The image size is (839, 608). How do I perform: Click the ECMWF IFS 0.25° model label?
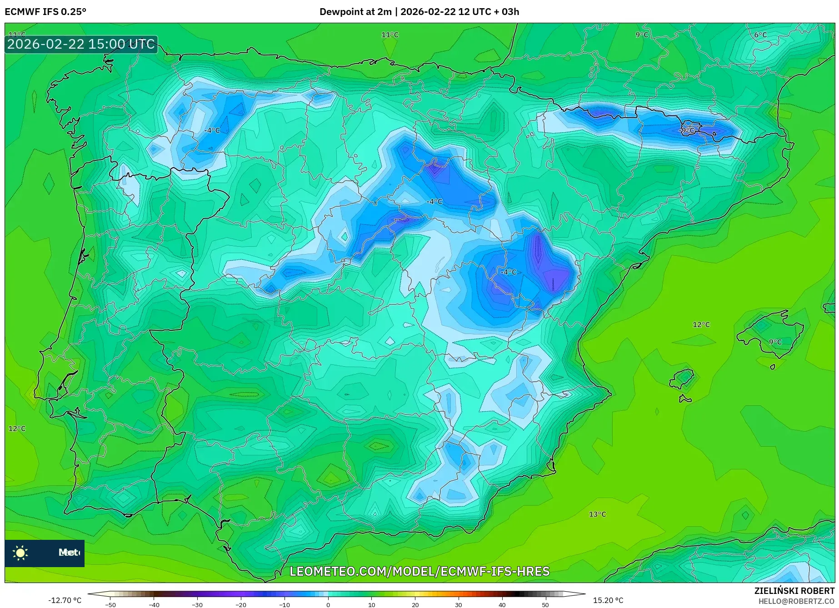tap(45, 12)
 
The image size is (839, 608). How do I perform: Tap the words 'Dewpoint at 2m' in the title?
tap(355, 12)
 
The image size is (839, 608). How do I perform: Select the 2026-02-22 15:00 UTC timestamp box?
tap(81, 44)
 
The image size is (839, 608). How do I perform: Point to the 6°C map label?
tap(760, 35)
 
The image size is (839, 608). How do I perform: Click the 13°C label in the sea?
tap(597, 514)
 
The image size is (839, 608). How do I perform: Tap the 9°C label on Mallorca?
tap(775, 342)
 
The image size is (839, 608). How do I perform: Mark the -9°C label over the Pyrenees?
tap(687, 130)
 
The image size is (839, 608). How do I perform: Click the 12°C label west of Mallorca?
tap(701, 324)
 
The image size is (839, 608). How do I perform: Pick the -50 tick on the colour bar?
tap(110, 604)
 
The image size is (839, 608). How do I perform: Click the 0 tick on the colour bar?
tap(328, 604)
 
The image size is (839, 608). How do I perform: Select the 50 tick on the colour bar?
tap(545, 604)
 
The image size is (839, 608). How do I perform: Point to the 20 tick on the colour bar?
tap(415, 604)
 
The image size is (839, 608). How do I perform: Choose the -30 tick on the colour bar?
tap(197, 604)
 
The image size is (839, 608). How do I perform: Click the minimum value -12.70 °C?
tap(65, 600)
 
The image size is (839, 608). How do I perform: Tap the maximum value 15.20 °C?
tap(608, 600)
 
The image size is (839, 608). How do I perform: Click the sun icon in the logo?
tap(20, 553)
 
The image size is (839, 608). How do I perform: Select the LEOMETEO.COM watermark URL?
tap(419, 571)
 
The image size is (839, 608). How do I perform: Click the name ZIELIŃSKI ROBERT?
tap(794, 591)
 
